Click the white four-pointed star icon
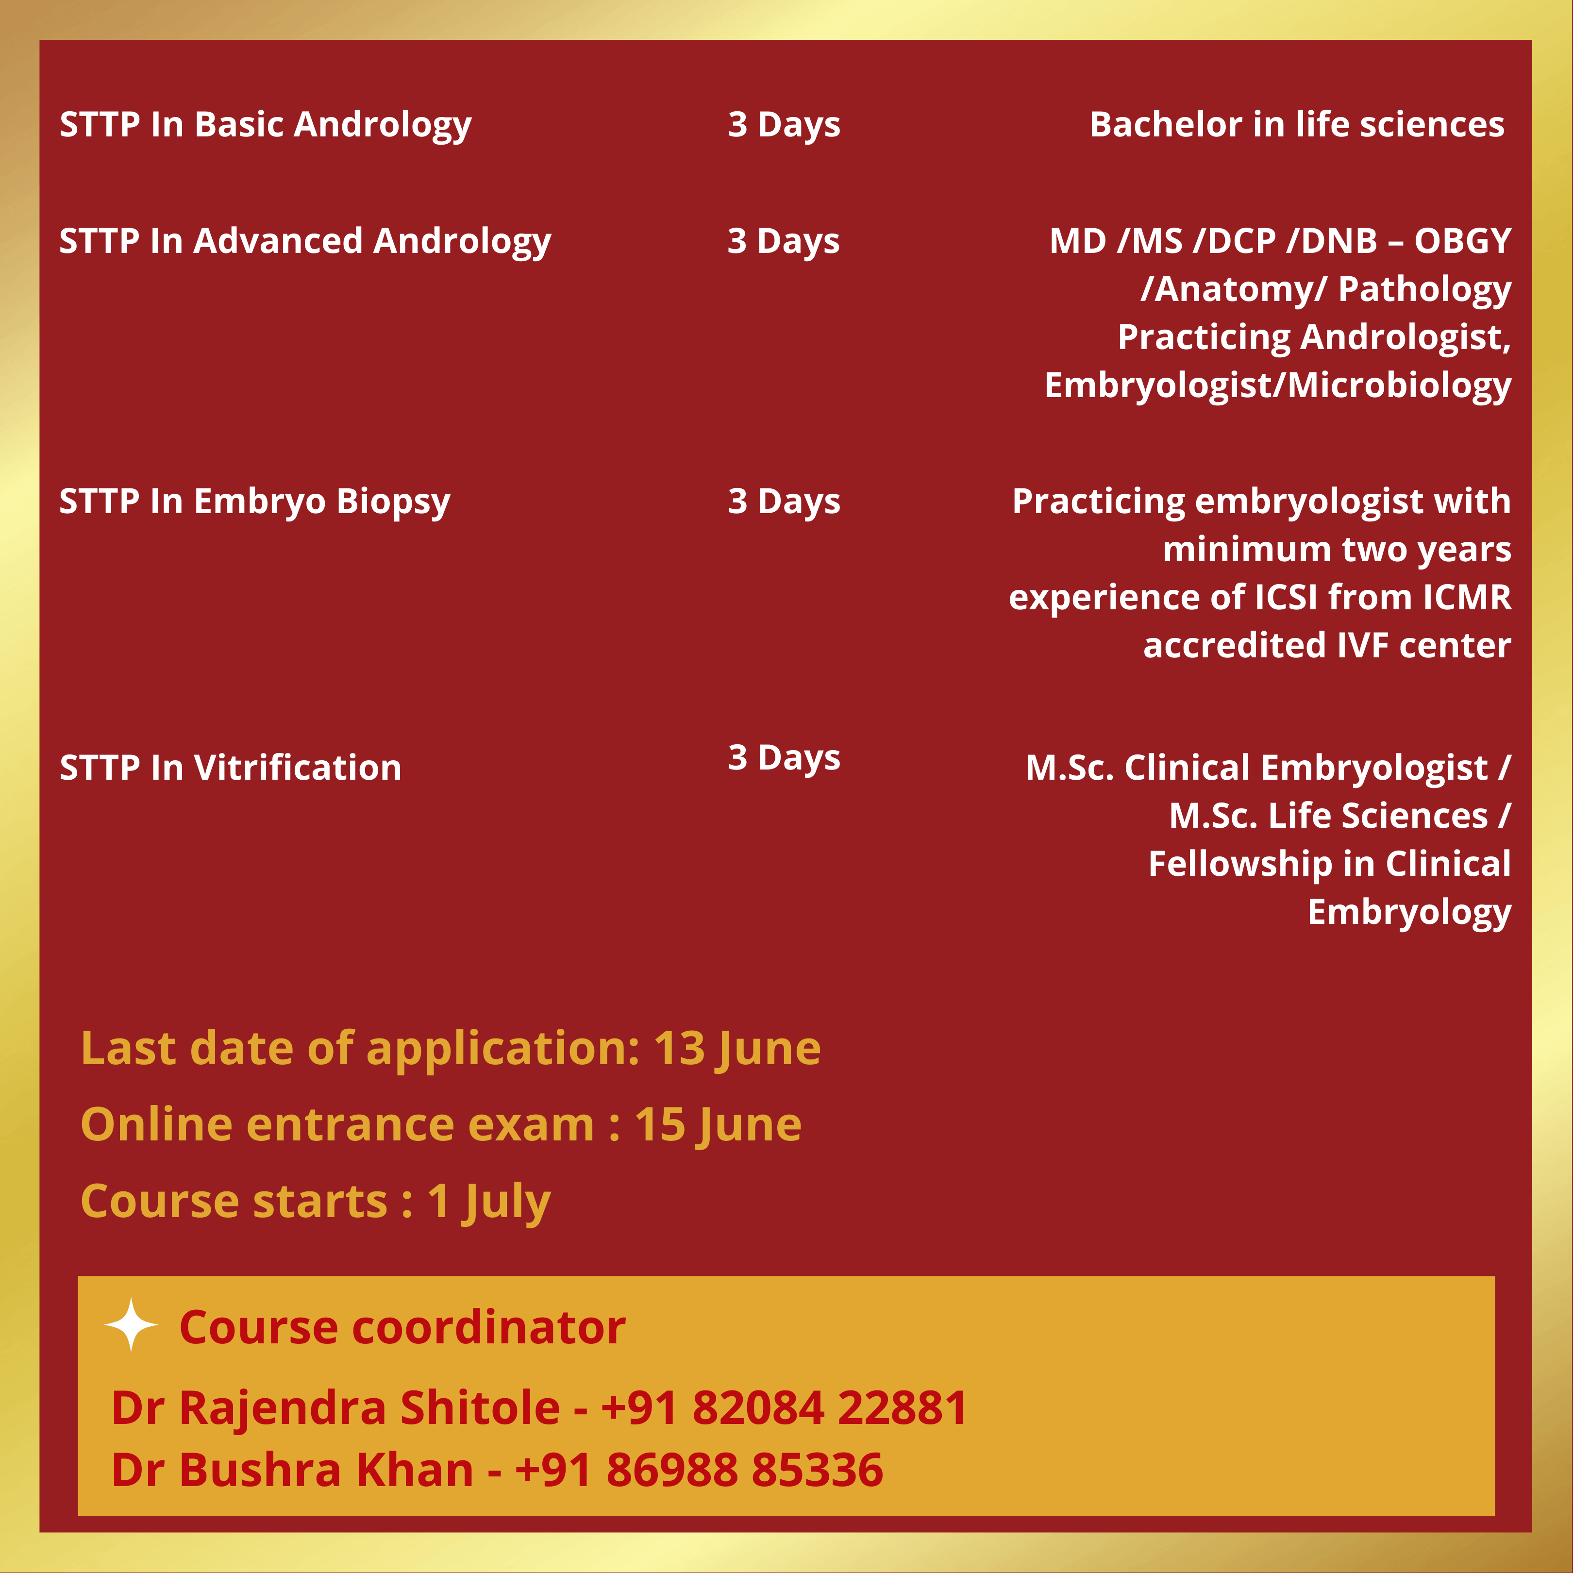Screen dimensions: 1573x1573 coord(131,1325)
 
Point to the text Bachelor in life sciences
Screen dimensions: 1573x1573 coord(1297,125)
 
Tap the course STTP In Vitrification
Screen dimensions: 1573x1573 coord(231,768)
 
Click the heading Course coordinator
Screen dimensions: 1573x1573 coord(402,1327)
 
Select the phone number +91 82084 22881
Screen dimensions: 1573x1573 coord(784,1408)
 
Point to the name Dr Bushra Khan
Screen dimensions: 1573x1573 coord(292,1471)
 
